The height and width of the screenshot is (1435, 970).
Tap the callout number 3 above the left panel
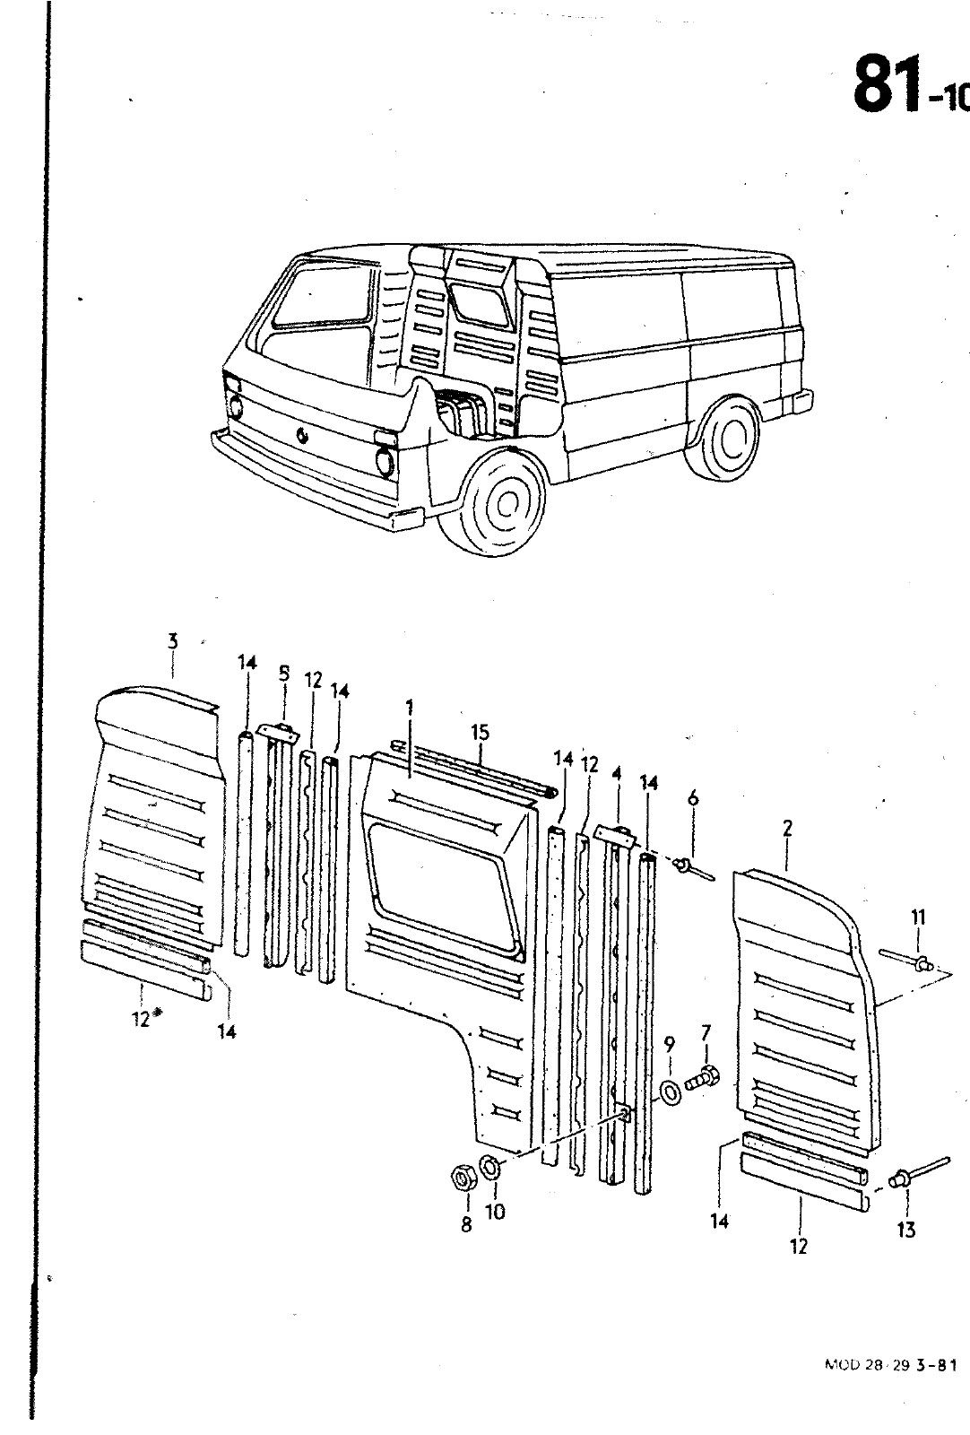[172, 641]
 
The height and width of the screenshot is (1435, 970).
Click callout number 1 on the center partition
[409, 708]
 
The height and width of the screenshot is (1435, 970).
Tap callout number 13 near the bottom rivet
[906, 1230]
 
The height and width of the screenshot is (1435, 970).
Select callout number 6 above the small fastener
[692, 798]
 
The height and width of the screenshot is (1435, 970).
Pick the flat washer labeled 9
[669, 1091]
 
